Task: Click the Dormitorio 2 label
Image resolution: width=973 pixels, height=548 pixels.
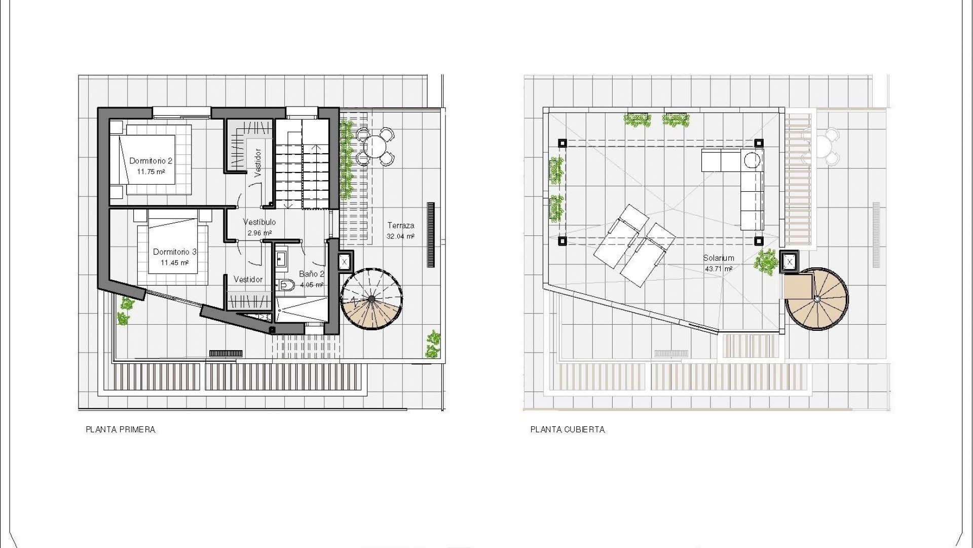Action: pos(151,161)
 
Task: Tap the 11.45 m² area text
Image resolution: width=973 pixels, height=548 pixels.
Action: pos(175,263)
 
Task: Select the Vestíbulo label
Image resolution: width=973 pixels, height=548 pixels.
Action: pos(259,222)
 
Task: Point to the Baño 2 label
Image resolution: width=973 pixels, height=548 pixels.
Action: pos(311,274)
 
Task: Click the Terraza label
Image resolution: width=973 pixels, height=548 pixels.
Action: pos(401,225)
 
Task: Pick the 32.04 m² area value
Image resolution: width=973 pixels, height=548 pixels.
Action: pos(400,236)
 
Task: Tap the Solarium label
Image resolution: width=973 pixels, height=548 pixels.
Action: pos(719,258)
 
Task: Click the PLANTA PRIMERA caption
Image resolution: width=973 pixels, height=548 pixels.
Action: pos(121,430)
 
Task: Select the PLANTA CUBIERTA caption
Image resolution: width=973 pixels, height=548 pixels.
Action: pos(568,430)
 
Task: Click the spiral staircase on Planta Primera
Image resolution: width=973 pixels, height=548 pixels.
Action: pos(371,299)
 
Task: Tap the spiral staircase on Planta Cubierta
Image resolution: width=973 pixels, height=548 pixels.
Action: pos(816,299)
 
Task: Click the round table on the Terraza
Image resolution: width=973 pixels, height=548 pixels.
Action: pos(376,147)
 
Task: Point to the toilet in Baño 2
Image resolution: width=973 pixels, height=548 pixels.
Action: pos(286,285)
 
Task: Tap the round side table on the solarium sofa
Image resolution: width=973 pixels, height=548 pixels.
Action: pos(753,160)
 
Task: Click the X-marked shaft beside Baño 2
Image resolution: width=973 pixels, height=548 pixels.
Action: pos(345,262)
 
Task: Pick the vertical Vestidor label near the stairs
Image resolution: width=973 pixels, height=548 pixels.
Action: pos(258,162)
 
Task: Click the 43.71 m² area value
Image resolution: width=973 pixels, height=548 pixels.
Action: pos(719,269)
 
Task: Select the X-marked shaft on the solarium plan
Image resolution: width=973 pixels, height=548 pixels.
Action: pos(790,262)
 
